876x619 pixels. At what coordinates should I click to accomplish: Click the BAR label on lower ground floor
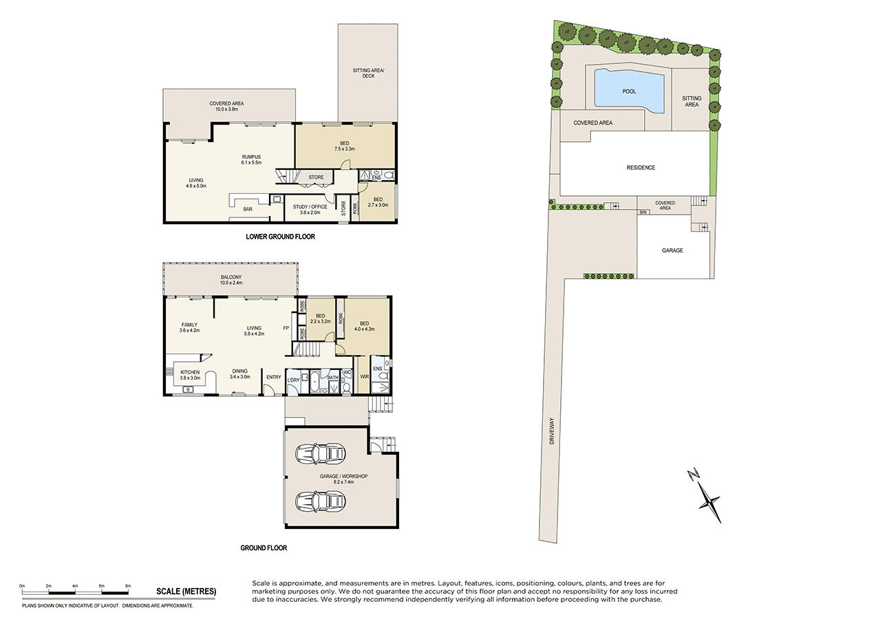[x=246, y=209]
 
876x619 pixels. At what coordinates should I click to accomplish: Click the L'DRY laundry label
[x=294, y=380]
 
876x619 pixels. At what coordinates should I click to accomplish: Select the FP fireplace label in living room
[x=286, y=328]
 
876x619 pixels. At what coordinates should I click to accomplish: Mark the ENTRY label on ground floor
[x=273, y=376]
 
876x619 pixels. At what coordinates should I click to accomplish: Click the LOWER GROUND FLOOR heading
[x=280, y=237]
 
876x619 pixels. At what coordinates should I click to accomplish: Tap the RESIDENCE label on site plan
[x=640, y=168]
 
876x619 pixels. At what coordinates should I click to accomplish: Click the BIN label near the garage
[x=643, y=213]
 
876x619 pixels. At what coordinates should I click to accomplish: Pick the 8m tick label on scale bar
[x=127, y=585]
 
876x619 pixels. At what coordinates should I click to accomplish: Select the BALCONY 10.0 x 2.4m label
[x=231, y=280]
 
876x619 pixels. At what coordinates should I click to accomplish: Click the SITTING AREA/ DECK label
[x=367, y=73]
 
